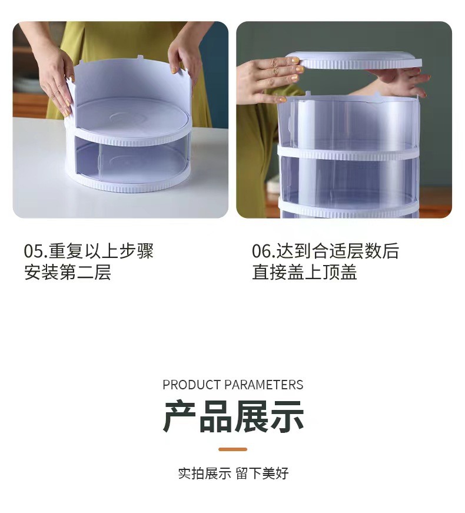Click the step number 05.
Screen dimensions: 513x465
pyautogui.click(x=34, y=251)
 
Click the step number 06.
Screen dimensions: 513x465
pyautogui.click(x=263, y=251)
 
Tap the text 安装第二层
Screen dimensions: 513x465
pyautogui.click(x=68, y=273)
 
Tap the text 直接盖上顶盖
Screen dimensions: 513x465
pyautogui.click(x=304, y=273)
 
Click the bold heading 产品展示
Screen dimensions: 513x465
pyautogui.click(x=233, y=416)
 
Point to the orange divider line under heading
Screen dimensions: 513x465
pyautogui.click(x=232, y=449)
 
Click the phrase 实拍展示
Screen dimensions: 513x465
pyautogui.click(x=204, y=474)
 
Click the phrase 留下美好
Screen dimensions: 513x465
pyautogui.click(x=263, y=474)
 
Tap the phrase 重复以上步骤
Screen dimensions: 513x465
pyautogui.click(x=101, y=251)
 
